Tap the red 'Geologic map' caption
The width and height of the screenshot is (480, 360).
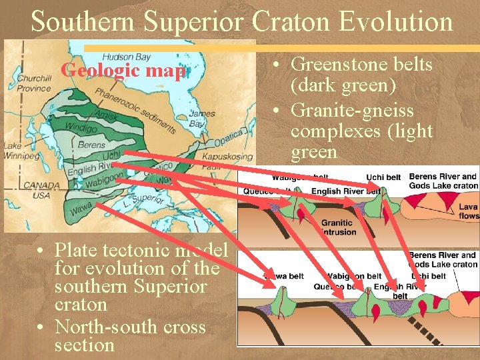[123, 70]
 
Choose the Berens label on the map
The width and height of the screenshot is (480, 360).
[91, 145]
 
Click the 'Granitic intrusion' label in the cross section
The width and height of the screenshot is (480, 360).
[337, 227]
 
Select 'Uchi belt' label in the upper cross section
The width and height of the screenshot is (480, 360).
[383, 177]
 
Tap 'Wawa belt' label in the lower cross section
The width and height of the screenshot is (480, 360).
[284, 276]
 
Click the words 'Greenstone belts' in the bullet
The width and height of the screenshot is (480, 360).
[362, 65]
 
